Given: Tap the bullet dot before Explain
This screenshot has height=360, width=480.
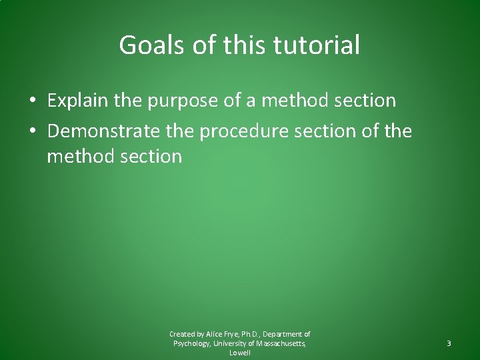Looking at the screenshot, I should pyautogui.click(x=32, y=101).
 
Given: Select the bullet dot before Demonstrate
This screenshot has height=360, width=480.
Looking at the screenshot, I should pyautogui.click(x=32, y=129).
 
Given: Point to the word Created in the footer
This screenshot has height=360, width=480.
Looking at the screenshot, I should pyautogui.click(x=182, y=334).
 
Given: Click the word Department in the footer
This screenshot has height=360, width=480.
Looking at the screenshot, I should pyautogui.click(x=288, y=334).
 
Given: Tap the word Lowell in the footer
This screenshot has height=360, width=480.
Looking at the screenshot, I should pyautogui.click(x=239, y=353).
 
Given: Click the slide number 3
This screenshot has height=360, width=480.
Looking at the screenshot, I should pyautogui.click(x=449, y=343).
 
